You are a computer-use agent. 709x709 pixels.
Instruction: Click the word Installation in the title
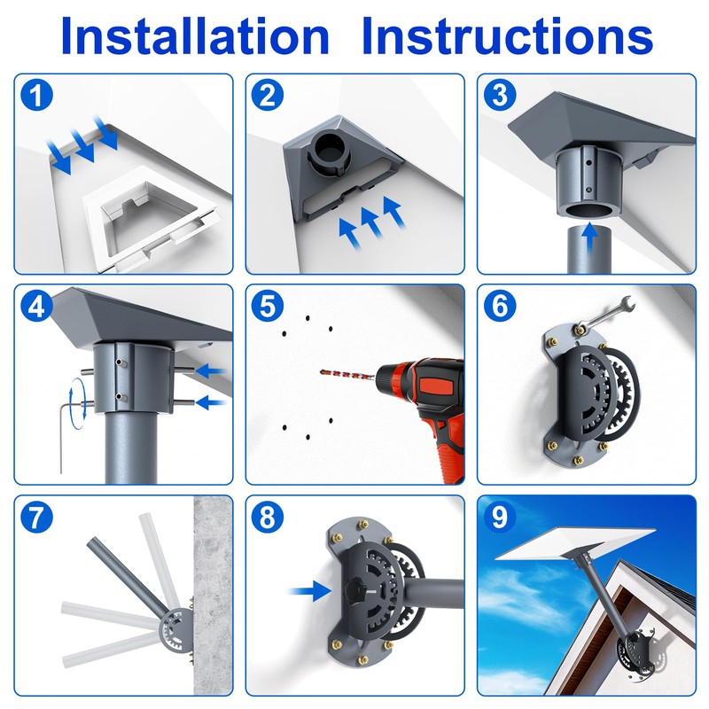(195, 36)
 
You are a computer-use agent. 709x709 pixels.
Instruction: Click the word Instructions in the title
(507, 36)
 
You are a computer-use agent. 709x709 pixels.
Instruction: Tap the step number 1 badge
(36, 96)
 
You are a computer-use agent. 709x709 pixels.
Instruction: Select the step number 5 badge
(268, 306)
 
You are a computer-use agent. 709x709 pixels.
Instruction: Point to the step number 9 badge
(500, 517)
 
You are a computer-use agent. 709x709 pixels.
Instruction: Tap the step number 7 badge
(36, 517)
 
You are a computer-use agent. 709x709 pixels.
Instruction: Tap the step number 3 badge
(500, 96)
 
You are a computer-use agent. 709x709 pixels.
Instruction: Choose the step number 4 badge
(36, 306)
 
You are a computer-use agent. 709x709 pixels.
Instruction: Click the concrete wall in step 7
(213, 596)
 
